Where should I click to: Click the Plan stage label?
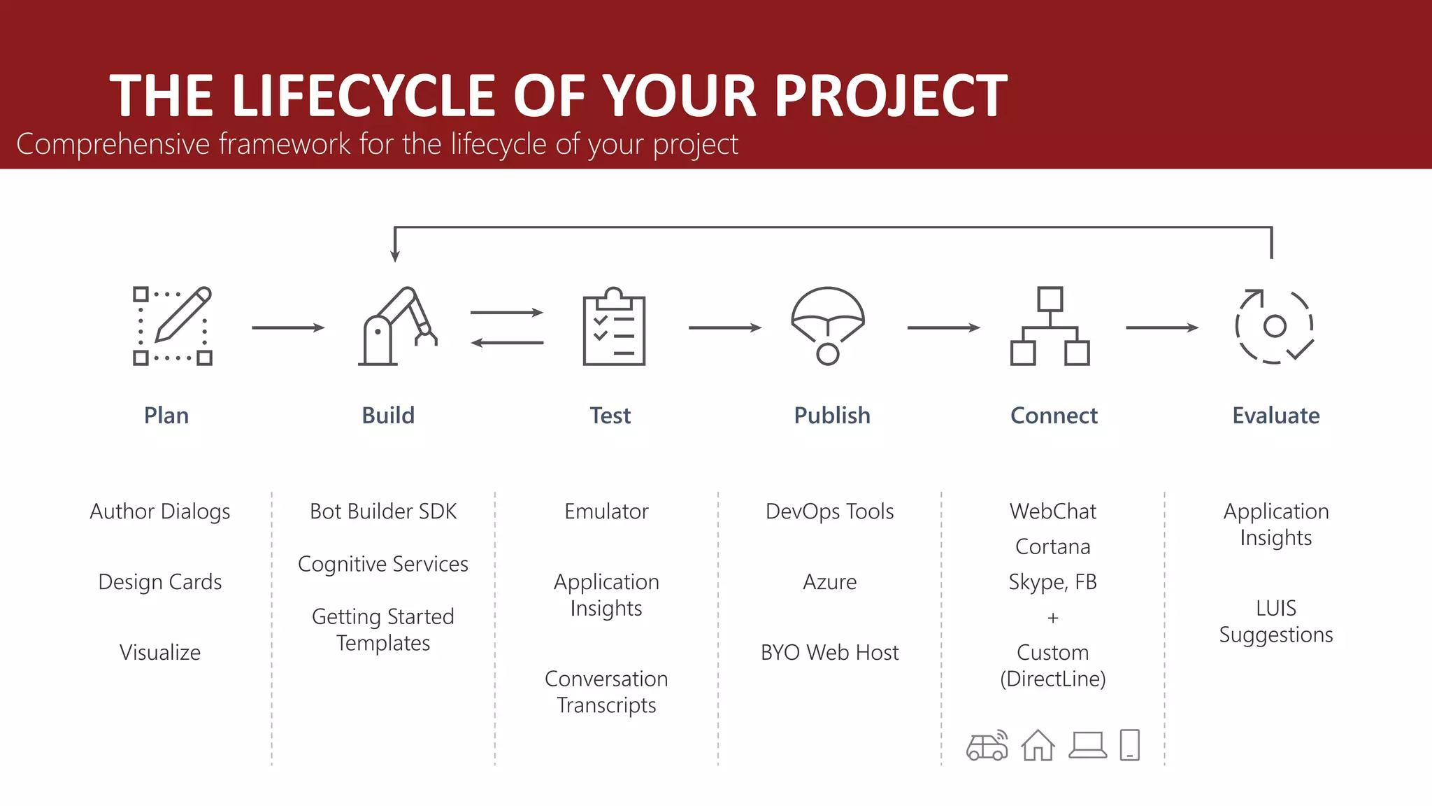[166, 416]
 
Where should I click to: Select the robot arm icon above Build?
[397, 326]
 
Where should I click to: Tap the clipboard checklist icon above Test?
[614, 327]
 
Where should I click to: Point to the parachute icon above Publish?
[828, 325]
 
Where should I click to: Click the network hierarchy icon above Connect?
[1050, 326]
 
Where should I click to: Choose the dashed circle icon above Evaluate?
[1274, 326]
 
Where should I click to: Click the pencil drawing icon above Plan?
[173, 325]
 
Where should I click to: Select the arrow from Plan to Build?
[288, 327]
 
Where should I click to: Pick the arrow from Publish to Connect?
[943, 327]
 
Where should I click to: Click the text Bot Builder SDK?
[383, 511]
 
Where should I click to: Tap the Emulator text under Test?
[606, 511]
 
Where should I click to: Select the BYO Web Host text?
[829, 653]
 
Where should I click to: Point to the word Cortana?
[1052, 546]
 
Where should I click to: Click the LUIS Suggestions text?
[1275, 621]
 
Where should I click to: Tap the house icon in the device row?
[1038, 745]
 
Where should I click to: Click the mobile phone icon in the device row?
[1129, 745]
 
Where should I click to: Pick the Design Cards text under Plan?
[160, 582]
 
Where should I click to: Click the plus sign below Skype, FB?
[1053, 618]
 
